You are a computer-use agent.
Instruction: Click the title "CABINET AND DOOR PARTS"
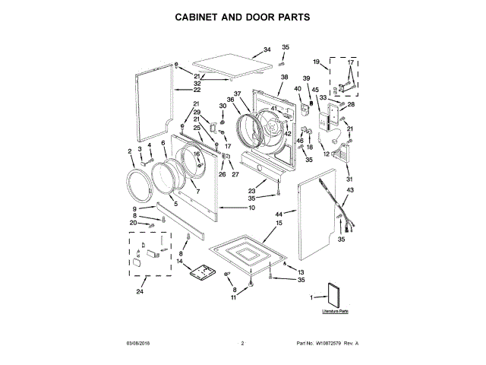[x=243, y=16]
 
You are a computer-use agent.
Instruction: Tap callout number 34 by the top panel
[x=267, y=49]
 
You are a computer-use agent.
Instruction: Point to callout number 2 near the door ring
[x=130, y=151]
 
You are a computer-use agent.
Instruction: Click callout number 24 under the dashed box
[x=139, y=292]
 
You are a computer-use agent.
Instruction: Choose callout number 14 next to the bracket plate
[x=180, y=262]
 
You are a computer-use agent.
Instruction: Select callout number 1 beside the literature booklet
[x=311, y=300]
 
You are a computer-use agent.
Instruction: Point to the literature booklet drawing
[x=335, y=294]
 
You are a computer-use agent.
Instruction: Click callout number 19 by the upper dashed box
[x=316, y=61]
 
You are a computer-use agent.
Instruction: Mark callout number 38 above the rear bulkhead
[x=284, y=78]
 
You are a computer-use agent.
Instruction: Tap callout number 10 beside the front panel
[x=251, y=208]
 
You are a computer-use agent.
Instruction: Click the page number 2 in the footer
[x=242, y=344]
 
